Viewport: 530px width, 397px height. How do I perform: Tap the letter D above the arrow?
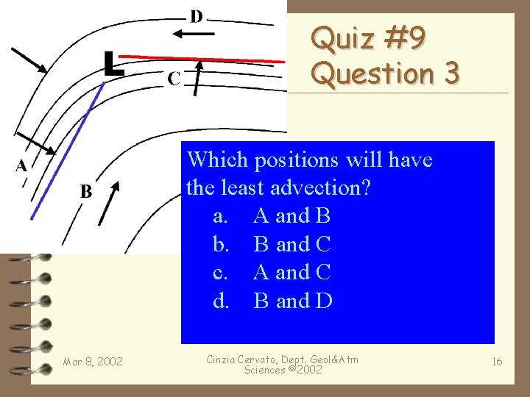(197, 17)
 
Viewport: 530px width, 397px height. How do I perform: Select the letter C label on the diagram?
(174, 78)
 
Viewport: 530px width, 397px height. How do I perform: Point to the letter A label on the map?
(21, 166)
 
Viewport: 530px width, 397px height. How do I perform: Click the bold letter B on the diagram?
(86, 193)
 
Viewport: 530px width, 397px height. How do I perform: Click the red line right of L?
(206, 57)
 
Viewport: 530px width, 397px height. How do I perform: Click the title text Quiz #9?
(367, 40)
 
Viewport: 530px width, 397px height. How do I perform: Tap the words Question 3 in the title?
(385, 74)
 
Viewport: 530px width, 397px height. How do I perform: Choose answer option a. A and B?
(273, 216)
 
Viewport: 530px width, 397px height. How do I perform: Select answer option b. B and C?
(273, 244)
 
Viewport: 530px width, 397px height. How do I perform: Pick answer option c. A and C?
(273, 272)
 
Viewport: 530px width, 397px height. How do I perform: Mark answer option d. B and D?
(273, 301)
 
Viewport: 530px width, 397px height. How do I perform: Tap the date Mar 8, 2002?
(93, 361)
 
